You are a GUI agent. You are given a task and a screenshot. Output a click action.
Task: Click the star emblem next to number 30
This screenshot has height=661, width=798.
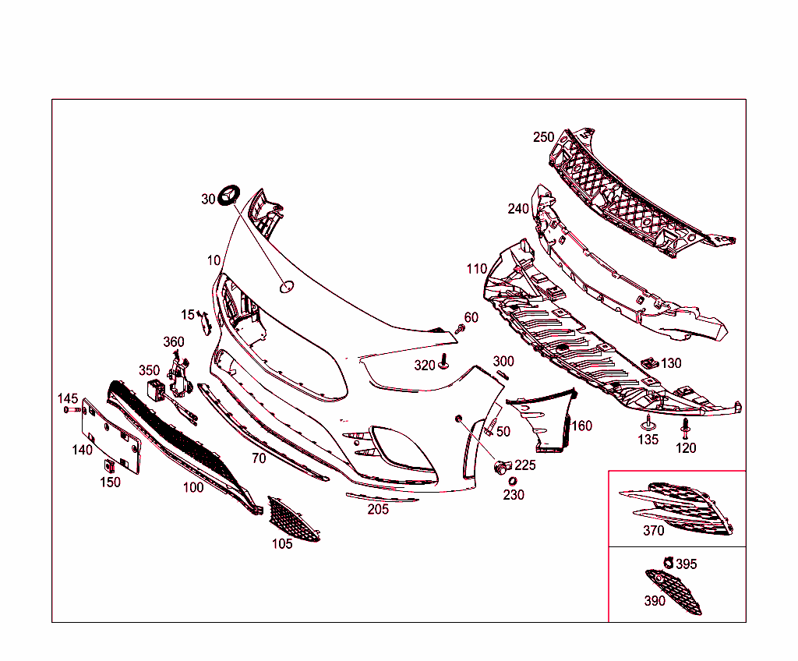tap(228, 196)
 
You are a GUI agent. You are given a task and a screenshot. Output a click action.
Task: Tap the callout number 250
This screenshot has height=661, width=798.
tap(543, 137)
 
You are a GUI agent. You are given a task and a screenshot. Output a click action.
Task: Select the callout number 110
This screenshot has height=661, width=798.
tap(477, 269)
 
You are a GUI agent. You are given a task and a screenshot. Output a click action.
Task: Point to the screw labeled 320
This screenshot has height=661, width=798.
tap(443, 361)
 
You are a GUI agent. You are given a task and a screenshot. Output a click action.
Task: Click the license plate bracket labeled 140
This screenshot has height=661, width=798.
tap(111, 437)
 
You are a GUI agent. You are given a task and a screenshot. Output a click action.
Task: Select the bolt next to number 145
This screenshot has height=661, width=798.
tap(72, 409)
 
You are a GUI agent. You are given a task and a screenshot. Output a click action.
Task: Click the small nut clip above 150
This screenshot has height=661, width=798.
tap(109, 465)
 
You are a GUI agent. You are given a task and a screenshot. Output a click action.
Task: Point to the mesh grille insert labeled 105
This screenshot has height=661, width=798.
tap(293, 519)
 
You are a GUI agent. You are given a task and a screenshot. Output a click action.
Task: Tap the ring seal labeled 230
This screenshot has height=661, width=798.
tap(513, 481)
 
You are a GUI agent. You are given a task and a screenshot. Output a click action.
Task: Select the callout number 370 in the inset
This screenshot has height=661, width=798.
tap(654, 531)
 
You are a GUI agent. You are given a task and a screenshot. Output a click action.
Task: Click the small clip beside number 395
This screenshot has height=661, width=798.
tap(668, 562)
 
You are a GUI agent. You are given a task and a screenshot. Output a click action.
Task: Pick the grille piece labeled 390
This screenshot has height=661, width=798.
tap(674, 591)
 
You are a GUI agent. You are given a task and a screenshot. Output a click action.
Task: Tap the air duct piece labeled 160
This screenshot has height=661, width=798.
tap(544, 419)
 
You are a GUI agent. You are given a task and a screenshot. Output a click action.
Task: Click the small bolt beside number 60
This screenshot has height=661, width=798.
tap(460, 328)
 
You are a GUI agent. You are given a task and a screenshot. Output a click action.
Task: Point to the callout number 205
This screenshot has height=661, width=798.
tap(378, 509)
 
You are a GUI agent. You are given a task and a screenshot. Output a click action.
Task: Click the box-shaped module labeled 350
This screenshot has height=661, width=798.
tap(156, 390)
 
